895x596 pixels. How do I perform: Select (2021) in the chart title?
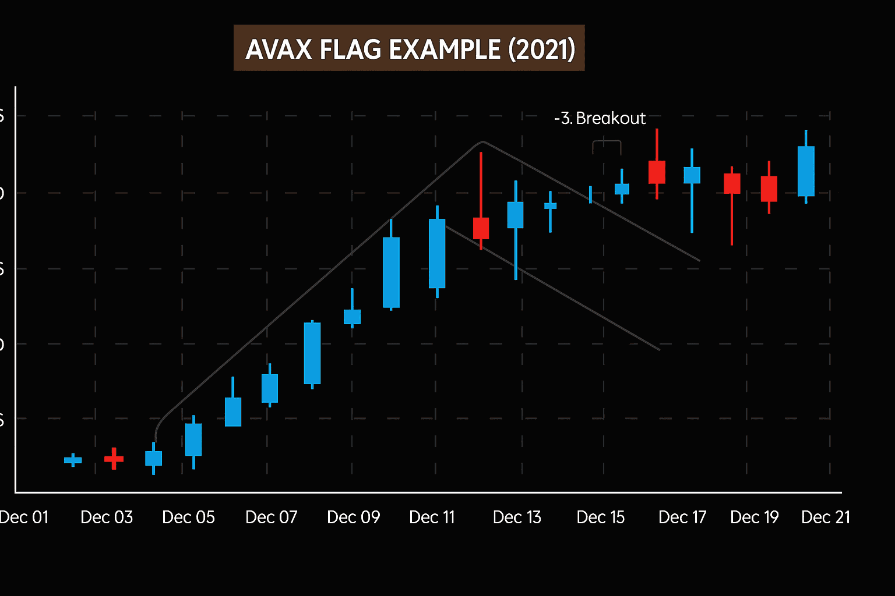[x=542, y=49]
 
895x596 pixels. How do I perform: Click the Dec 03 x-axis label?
[x=107, y=517]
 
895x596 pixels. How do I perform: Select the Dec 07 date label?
[x=272, y=517]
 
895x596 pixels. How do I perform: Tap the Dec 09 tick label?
[x=354, y=517]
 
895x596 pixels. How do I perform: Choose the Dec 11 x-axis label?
[x=432, y=517]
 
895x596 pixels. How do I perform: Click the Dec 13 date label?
[x=517, y=517]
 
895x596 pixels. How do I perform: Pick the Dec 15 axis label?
[x=600, y=517]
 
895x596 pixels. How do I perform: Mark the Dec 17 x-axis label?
[x=682, y=517]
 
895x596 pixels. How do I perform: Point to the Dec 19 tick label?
[x=755, y=517]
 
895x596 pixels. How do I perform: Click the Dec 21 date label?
[x=826, y=517]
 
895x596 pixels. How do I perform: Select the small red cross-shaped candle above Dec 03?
[x=114, y=459]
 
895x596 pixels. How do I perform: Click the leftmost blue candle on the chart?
[x=73, y=460]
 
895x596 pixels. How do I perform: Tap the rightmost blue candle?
[x=806, y=171]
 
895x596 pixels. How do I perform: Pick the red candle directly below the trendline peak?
[x=481, y=228]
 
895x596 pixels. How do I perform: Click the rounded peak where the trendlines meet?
[x=482, y=142]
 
